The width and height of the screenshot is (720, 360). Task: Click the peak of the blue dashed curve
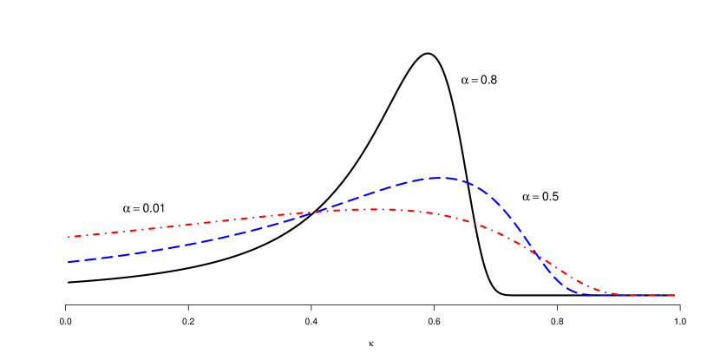tap(436, 178)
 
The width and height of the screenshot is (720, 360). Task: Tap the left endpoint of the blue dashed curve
tap(69, 261)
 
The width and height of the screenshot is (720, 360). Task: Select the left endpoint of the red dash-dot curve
tap(69, 237)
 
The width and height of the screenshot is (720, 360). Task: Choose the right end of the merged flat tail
tap(674, 296)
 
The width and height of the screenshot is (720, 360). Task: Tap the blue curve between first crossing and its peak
tap(373, 193)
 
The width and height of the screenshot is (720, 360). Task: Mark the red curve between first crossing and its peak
tap(344, 210)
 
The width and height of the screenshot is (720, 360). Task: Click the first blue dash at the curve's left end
tap(74, 261)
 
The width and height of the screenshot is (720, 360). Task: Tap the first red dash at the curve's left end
tap(73, 236)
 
